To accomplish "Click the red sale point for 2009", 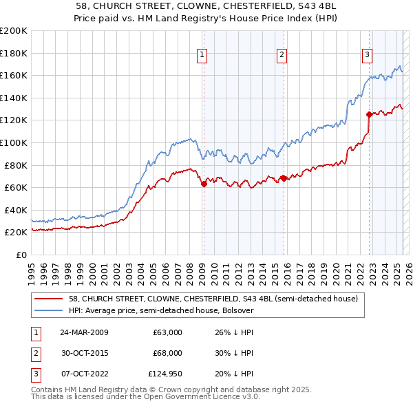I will (204, 184).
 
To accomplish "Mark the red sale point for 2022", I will (369, 114).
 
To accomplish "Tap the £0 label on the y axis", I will (21, 255).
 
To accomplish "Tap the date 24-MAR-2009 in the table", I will (85, 332).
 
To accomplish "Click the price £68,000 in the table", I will (167, 353).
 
